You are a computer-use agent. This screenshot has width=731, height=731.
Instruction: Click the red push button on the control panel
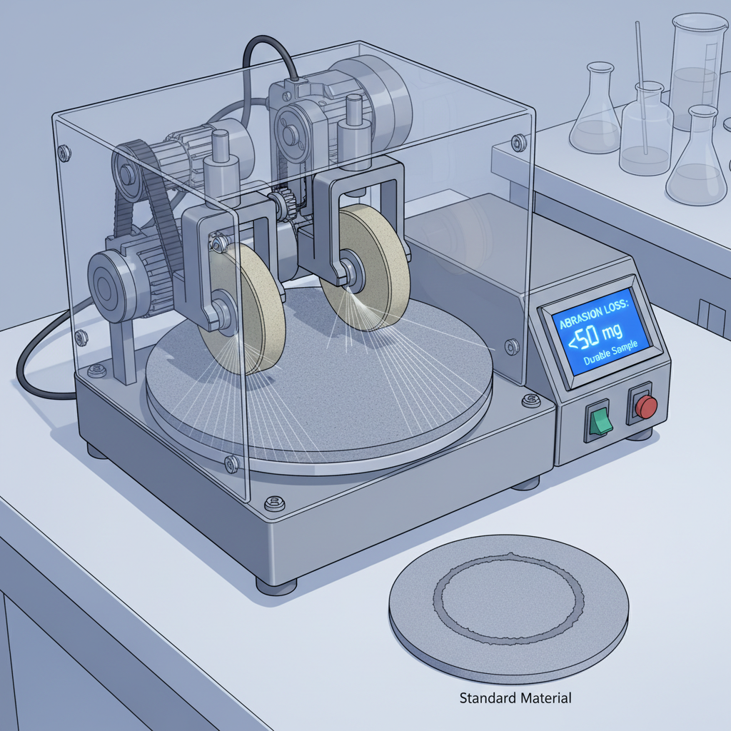(646, 407)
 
